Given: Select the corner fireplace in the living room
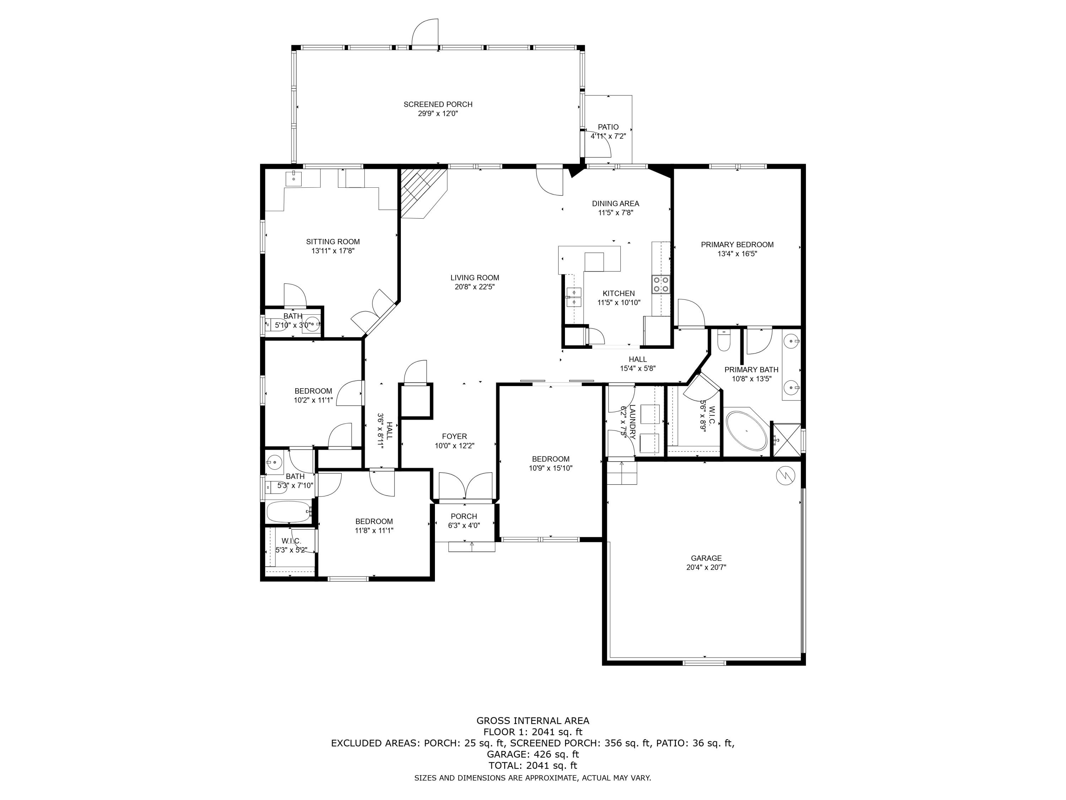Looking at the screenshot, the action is [424, 192].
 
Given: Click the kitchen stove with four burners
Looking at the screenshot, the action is [661, 284].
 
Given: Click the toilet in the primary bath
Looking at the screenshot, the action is [724, 341].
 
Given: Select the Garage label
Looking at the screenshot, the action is [706, 559].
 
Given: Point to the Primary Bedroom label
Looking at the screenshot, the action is [737, 245].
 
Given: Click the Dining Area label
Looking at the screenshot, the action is [615, 203].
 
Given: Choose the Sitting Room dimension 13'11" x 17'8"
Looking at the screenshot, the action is [333, 251].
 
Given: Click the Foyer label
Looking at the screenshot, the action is [454, 436].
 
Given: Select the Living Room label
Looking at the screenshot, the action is [475, 278].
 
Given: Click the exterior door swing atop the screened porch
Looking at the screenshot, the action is [425, 33].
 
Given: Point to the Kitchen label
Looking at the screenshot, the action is [619, 293].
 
